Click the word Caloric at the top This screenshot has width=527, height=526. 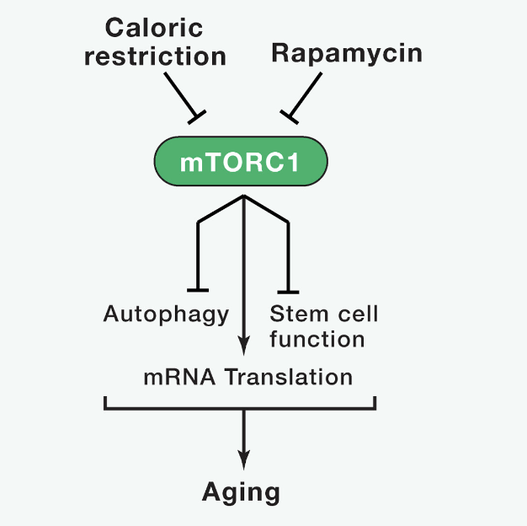tap(154, 28)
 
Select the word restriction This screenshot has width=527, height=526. tap(155, 56)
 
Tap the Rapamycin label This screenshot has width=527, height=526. tap(347, 53)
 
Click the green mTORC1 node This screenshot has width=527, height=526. tap(241, 161)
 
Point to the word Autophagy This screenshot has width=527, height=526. tap(166, 314)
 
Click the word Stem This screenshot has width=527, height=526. tap(299, 314)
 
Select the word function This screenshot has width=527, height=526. tap(317, 339)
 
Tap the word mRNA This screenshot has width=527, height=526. tap(179, 377)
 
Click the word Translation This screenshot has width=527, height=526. tap(289, 377)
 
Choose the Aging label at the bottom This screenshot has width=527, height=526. tap(241, 492)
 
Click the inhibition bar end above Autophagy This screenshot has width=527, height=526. tap(198, 290)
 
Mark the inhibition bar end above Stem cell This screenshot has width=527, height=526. tap(288, 293)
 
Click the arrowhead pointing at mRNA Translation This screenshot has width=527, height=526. tap(243, 346)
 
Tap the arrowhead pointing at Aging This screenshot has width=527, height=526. tap(243, 460)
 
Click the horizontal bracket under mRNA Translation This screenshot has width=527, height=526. tap(240, 408)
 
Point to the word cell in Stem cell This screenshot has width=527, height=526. tap(358, 314)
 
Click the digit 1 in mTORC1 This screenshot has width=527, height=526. tap(294, 163)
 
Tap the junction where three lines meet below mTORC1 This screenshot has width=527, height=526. tap(243, 196)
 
